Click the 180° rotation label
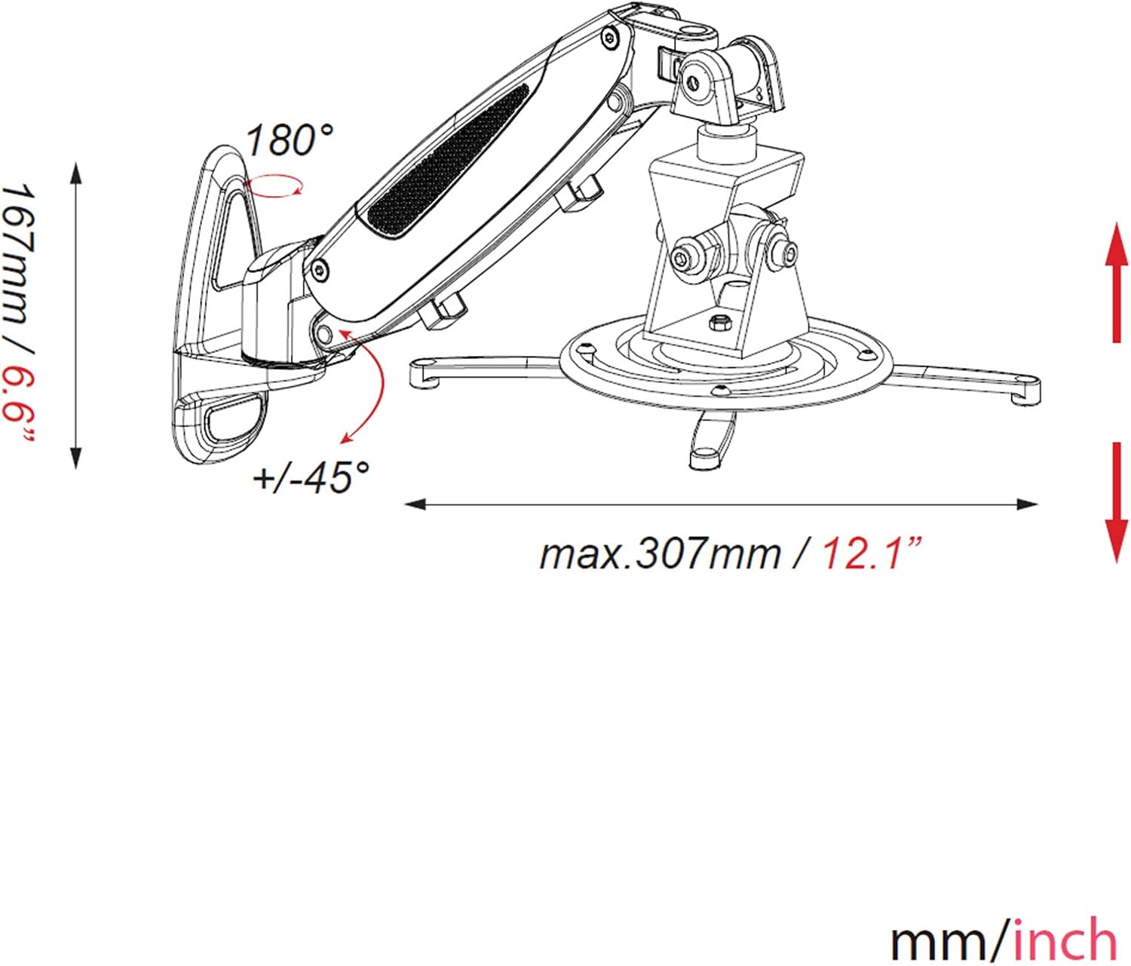point(290,141)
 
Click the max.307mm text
point(661,554)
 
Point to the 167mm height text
point(17,259)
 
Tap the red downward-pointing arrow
point(1116,504)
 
